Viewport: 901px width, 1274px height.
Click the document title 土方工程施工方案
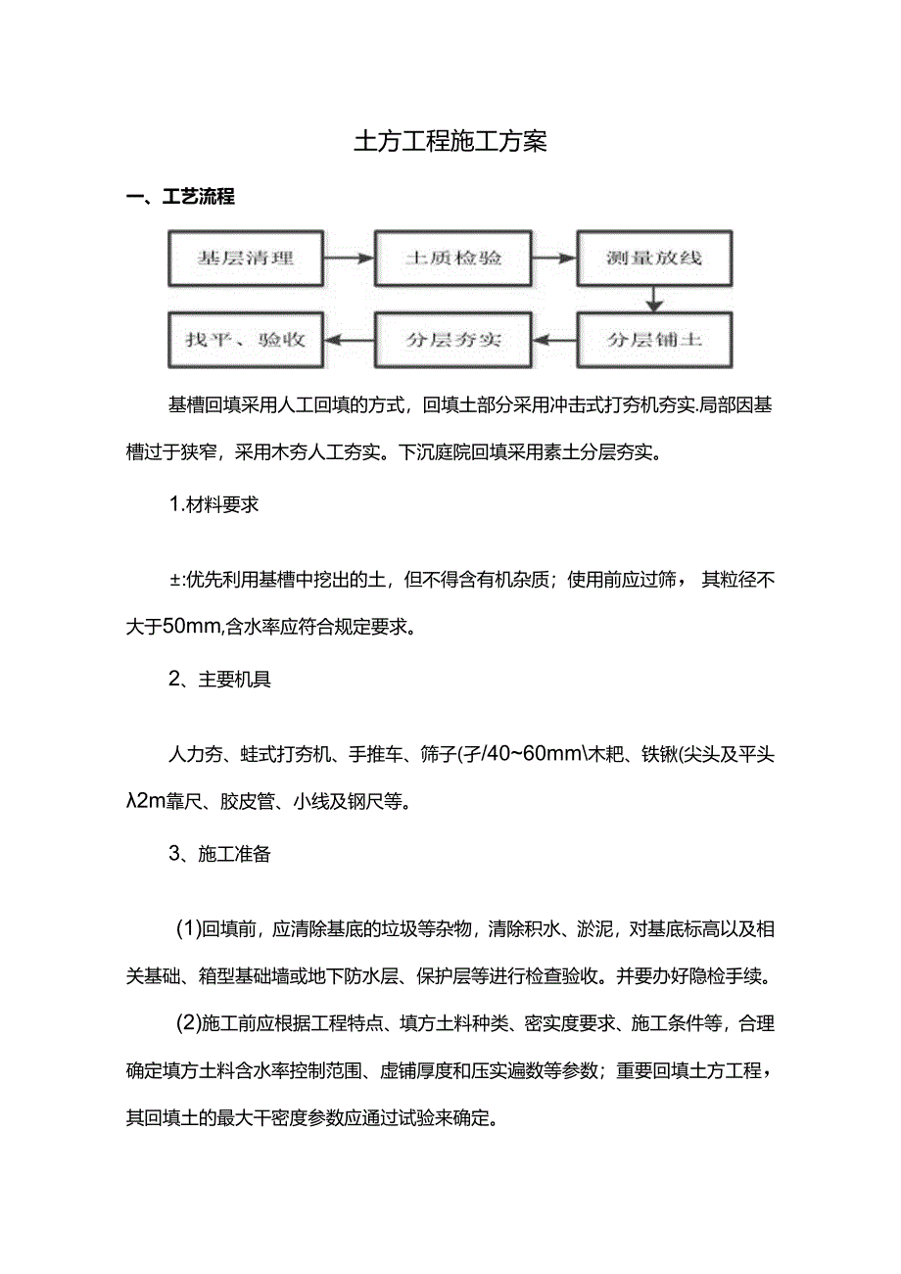click(450, 142)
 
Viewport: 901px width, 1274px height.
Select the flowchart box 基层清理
click(246, 259)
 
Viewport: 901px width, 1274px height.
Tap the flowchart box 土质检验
click(453, 259)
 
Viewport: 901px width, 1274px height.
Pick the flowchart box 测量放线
click(654, 259)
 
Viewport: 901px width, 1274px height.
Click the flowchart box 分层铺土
click(654, 340)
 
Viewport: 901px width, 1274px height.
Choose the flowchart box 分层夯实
click(453, 340)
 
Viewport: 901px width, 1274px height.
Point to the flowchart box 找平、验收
click(246, 340)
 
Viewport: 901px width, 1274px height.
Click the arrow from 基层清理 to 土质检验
click(350, 259)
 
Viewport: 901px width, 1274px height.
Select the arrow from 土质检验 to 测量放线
click(554, 259)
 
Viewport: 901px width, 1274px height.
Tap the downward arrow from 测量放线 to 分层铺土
click(654, 298)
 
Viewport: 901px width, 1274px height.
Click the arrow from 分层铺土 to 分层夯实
click(554, 340)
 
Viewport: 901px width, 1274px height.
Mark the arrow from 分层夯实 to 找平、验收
click(350, 340)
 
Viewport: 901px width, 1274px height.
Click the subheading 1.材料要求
click(214, 506)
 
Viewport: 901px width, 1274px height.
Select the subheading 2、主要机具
click(219, 680)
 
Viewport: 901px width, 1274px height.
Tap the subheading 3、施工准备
click(219, 853)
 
